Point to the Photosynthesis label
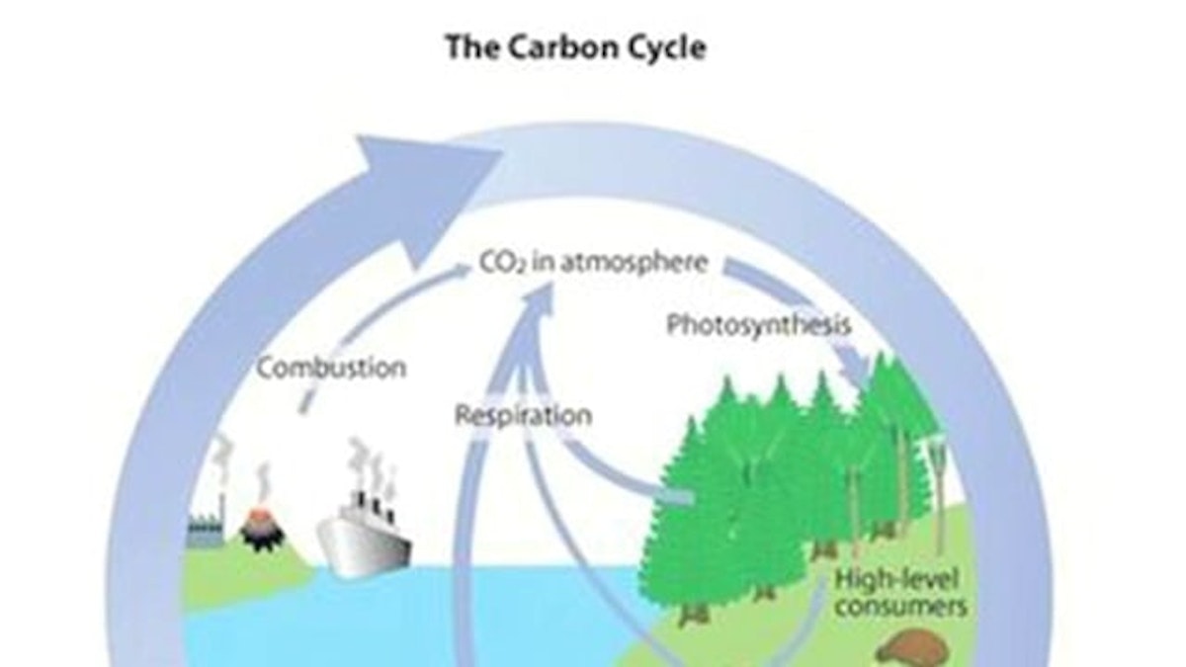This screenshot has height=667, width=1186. click(x=758, y=325)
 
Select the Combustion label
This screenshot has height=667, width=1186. click(x=331, y=369)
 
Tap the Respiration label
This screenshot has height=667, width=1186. click(x=523, y=415)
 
